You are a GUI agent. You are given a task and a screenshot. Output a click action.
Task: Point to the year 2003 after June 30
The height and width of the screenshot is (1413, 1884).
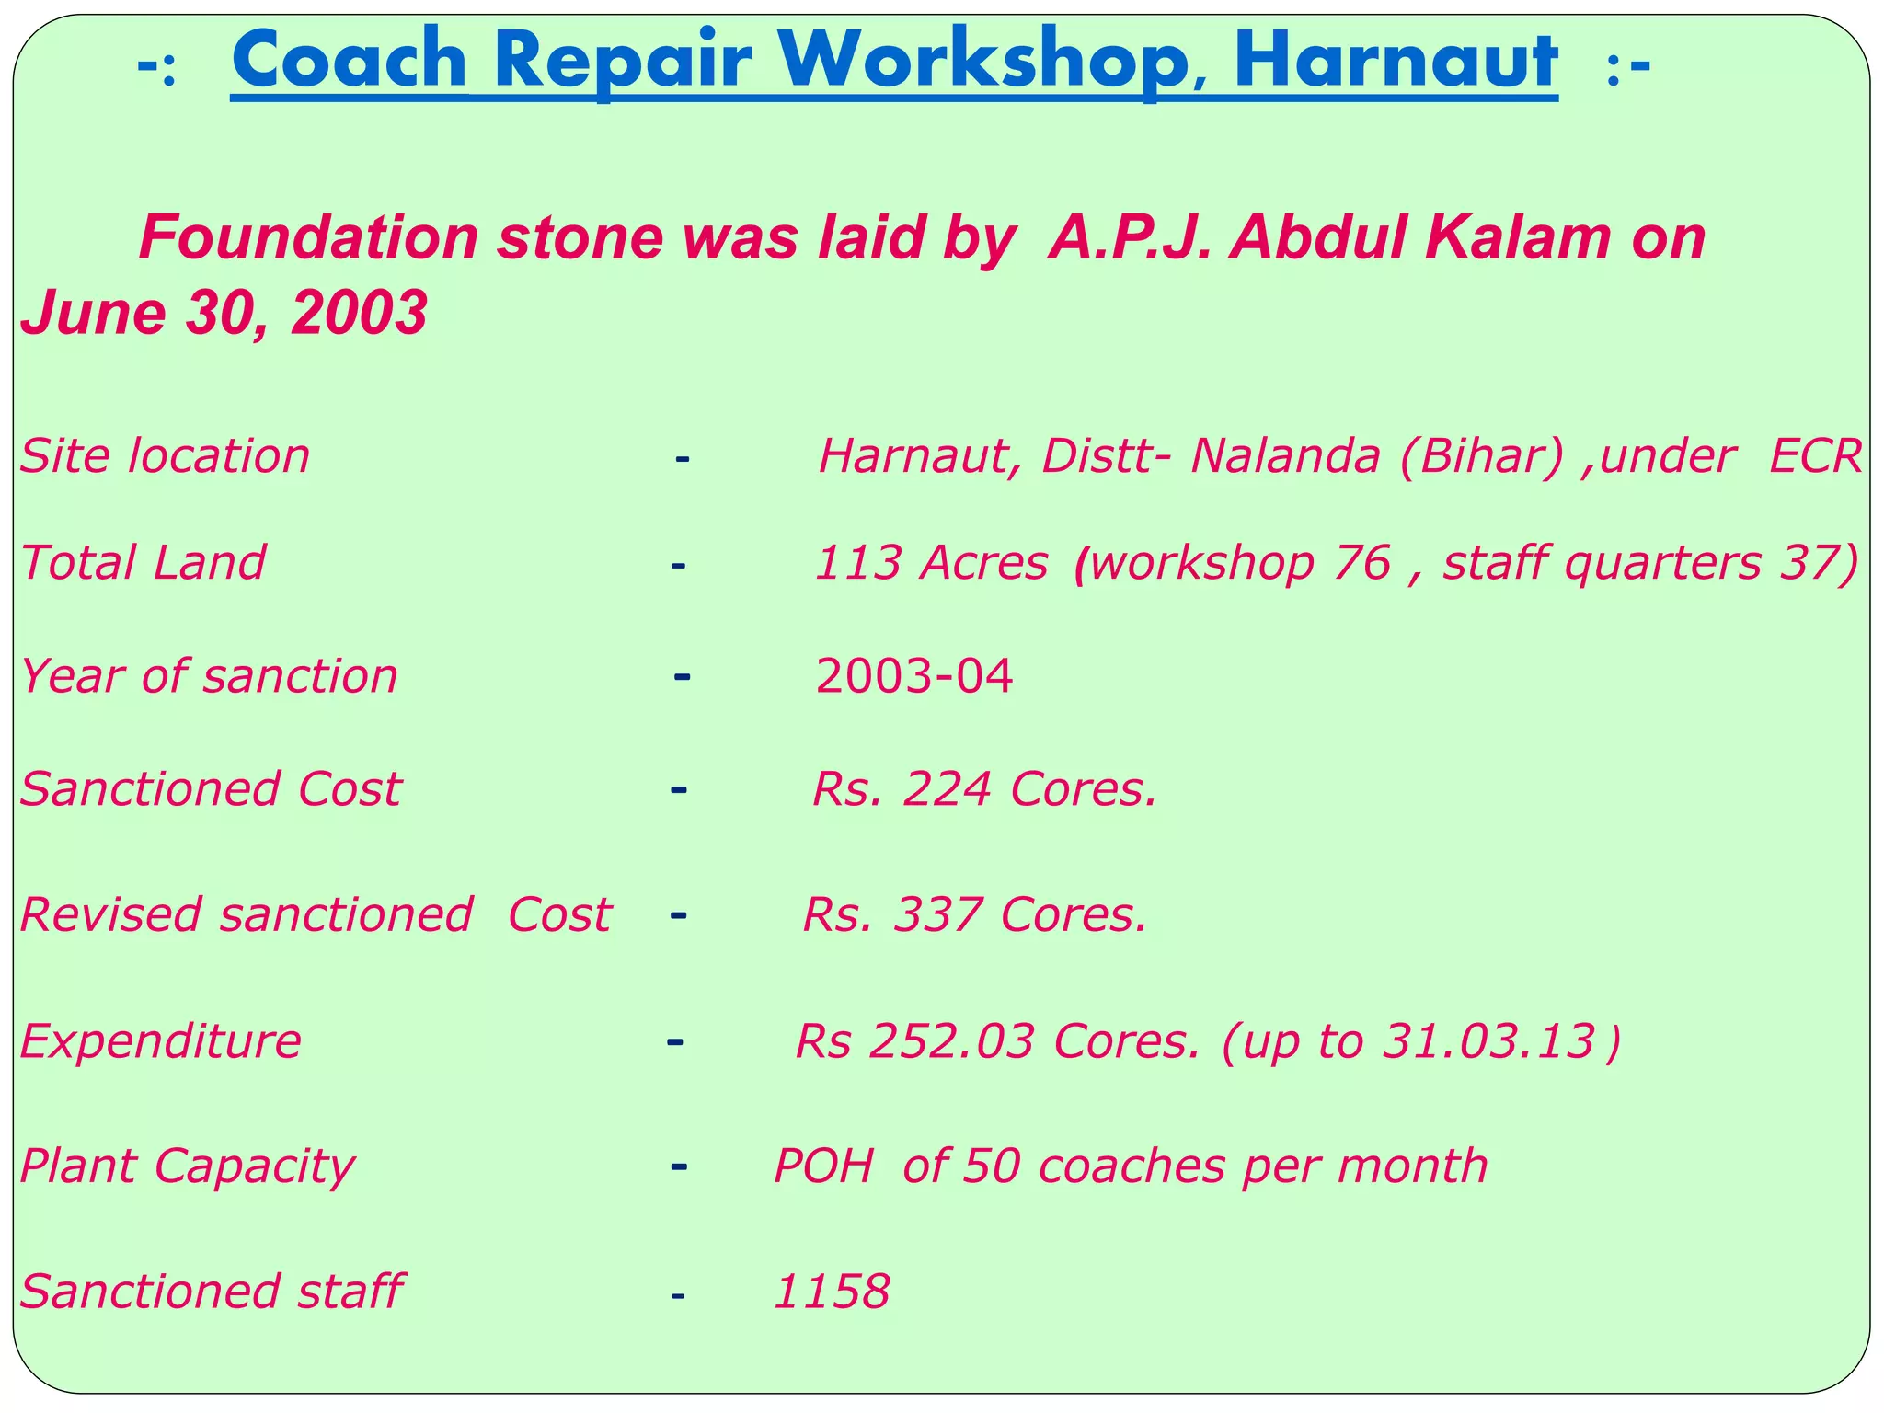click(x=359, y=313)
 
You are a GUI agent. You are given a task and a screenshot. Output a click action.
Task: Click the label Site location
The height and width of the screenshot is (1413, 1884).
click(x=166, y=456)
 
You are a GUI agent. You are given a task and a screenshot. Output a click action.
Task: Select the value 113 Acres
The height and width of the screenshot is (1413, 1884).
click(x=931, y=562)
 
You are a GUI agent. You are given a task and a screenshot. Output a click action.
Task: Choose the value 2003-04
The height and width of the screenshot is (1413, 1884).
click(x=914, y=676)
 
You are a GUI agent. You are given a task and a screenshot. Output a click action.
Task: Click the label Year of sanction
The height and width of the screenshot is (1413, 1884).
click(x=209, y=676)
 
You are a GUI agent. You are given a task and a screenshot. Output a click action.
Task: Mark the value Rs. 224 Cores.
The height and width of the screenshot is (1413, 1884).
click(x=984, y=789)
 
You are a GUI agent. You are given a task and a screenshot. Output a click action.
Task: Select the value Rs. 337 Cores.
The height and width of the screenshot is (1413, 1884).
click(x=975, y=915)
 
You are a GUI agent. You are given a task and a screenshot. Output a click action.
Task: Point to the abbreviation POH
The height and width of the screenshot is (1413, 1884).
click(x=822, y=1166)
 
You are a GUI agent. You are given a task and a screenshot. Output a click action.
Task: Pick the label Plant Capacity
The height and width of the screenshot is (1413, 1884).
click(x=187, y=1166)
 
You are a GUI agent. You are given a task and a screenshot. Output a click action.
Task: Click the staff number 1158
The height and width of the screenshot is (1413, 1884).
click(x=832, y=1292)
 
